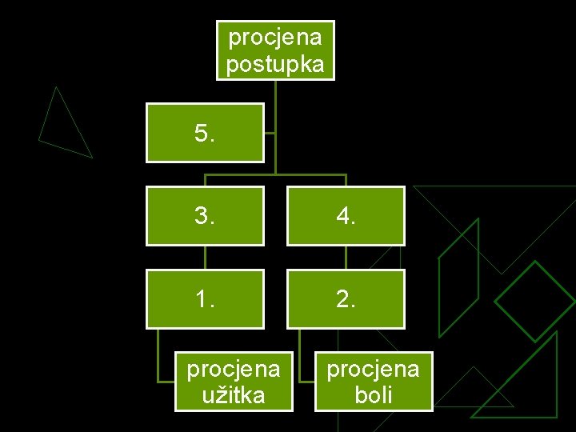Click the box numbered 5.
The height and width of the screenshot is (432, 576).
(x=205, y=133)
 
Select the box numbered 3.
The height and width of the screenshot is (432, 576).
(x=205, y=215)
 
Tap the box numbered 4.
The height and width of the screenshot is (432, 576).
(x=346, y=215)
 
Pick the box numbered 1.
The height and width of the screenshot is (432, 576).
(x=205, y=298)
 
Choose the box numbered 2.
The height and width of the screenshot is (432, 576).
(x=346, y=298)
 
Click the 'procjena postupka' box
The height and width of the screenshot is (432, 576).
(x=275, y=50)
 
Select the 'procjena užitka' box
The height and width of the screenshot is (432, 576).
(x=234, y=382)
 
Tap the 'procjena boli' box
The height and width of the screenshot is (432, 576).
(x=374, y=382)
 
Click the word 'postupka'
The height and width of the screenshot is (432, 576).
(x=275, y=64)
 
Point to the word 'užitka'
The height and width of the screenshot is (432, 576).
(x=234, y=394)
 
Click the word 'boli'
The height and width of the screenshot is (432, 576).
(x=374, y=394)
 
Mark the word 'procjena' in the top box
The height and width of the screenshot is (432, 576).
(x=275, y=37)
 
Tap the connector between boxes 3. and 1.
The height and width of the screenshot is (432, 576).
(x=206, y=257)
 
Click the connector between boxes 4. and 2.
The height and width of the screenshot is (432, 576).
(x=346, y=257)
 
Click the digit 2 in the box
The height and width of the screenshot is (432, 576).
(x=342, y=298)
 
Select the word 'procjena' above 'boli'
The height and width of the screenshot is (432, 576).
(x=374, y=369)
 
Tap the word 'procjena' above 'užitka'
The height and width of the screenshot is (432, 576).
(x=234, y=369)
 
